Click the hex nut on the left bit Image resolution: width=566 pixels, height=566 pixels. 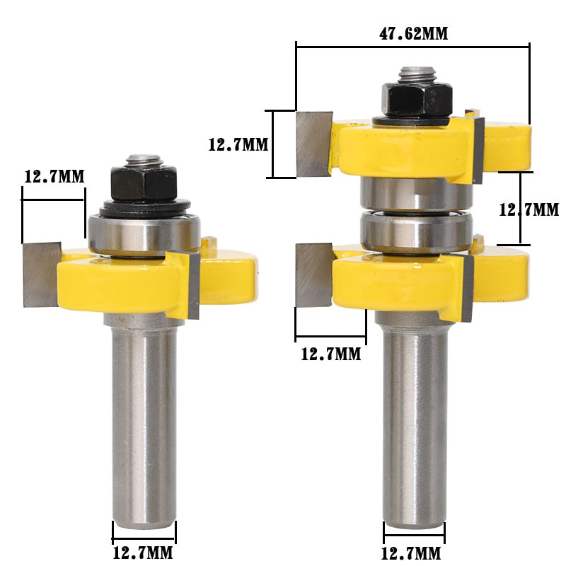click(x=144, y=184)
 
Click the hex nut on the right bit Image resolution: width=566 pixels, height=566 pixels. click(x=417, y=98)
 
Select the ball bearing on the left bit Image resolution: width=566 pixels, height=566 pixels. click(x=144, y=233)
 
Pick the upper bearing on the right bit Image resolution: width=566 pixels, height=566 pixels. click(x=415, y=192)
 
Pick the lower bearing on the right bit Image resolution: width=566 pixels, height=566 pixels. click(x=415, y=231)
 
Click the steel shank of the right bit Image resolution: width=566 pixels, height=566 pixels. click(x=415, y=424)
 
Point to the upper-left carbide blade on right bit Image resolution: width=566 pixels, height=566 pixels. click(x=314, y=144)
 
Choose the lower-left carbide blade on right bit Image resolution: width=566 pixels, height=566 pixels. click(x=313, y=273)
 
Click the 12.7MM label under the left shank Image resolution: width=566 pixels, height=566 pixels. click(x=144, y=553)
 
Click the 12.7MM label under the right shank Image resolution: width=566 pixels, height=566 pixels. click(x=413, y=553)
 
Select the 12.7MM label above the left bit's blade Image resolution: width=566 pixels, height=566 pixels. click(x=54, y=176)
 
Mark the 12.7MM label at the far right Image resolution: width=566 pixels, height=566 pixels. click(x=529, y=210)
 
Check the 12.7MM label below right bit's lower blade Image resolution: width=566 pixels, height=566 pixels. click(x=330, y=354)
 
